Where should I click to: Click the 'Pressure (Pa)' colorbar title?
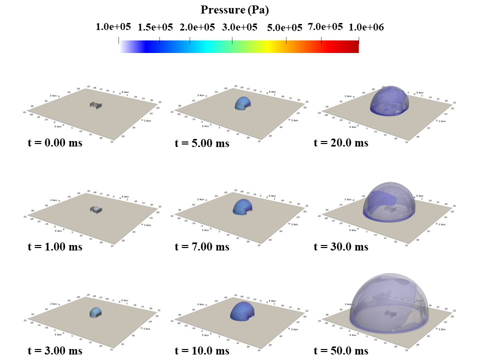click(234, 9)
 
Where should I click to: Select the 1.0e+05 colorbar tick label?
click(113, 27)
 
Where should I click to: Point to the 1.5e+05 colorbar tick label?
click(155, 27)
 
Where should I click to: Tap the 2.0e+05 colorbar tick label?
click(197, 27)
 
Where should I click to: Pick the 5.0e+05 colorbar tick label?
click(285, 28)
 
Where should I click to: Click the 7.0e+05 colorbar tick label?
click(325, 26)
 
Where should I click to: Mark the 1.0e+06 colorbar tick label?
click(366, 27)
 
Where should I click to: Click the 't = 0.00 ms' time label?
click(55, 143)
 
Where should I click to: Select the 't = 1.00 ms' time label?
click(55, 246)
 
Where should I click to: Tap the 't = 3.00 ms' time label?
click(55, 350)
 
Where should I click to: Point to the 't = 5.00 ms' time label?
click(202, 143)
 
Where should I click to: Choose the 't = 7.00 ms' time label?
click(202, 246)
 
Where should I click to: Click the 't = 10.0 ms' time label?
click(202, 350)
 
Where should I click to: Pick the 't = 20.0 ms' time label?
click(341, 143)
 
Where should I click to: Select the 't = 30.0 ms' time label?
click(341, 246)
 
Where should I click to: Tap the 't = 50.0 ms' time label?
click(341, 350)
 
